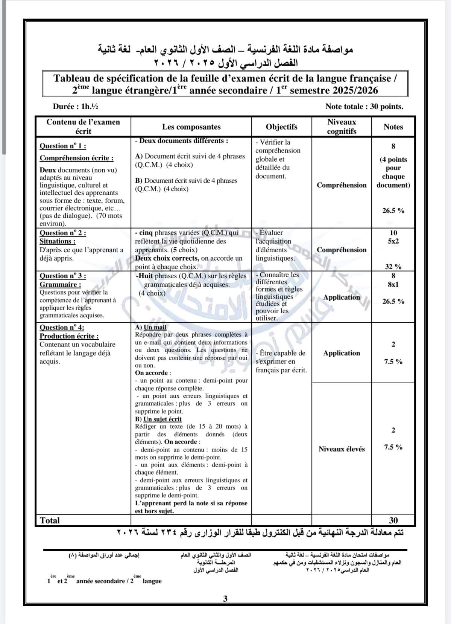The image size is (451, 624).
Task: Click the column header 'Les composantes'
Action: (x=191, y=127)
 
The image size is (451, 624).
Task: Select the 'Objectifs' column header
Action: (x=281, y=127)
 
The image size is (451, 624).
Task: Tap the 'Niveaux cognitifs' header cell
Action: (x=342, y=127)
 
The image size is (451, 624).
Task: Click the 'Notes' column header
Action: (x=393, y=127)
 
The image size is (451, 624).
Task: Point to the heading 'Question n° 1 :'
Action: (x=63, y=146)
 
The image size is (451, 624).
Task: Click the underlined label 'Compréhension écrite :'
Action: (x=76, y=158)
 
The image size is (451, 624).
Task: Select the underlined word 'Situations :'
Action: (x=58, y=241)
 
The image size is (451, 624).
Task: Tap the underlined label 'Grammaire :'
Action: (x=60, y=285)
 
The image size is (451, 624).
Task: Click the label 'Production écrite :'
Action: (x=69, y=336)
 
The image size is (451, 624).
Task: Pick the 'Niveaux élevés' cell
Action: (x=342, y=449)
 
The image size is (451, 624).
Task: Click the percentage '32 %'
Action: (x=393, y=267)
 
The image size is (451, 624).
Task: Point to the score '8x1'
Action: (x=393, y=285)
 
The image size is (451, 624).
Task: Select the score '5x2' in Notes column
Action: (x=393, y=241)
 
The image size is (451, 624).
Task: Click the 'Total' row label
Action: (x=50, y=520)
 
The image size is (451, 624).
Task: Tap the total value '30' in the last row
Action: (x=393, y=520)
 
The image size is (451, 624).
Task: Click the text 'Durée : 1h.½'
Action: (x=75, y=107)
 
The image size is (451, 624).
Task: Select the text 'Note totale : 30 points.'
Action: (x=364, y=107)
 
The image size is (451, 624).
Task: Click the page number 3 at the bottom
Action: (x=225, y=599)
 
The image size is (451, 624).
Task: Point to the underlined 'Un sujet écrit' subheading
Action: (x=162, y=419)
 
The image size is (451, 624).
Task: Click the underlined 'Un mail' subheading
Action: (x=155, y=327)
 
